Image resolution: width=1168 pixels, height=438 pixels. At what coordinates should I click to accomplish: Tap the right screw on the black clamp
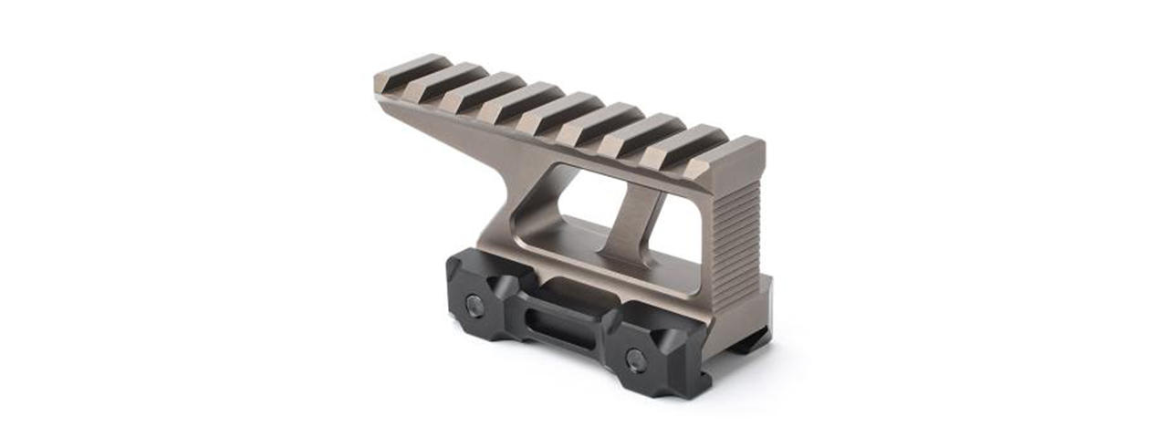pos(636,360)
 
